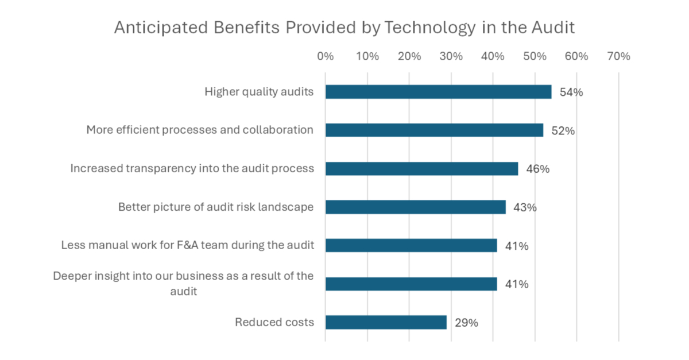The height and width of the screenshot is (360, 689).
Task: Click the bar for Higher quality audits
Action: click(438, 92)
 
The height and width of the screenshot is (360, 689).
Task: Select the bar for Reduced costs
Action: click(386, 322)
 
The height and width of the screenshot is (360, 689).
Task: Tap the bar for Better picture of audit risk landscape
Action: click(415, 207)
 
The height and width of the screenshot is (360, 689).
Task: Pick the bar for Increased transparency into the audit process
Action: click(421, 168)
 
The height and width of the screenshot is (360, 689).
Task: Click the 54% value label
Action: click(571, 92)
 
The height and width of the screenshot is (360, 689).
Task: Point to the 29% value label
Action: click(466, 323)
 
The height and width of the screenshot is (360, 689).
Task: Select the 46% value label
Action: click(538, 169)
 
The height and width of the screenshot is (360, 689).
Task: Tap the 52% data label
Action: click(563, 131)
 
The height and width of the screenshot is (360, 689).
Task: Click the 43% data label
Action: click(525, 207)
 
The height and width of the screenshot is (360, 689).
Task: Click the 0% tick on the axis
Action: click(325, 56)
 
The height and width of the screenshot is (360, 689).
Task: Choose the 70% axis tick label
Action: click(618, 56)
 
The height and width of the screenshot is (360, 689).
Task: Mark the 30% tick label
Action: click(451, 56)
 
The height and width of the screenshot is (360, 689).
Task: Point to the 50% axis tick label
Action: click(535, 56)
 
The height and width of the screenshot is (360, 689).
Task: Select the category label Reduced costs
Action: click(274, 322)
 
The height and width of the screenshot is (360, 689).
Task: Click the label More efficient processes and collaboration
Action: click(200, 130)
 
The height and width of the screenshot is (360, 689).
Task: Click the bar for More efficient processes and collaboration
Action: click(434, 130)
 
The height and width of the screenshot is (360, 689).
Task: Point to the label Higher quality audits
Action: click(259, 92)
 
